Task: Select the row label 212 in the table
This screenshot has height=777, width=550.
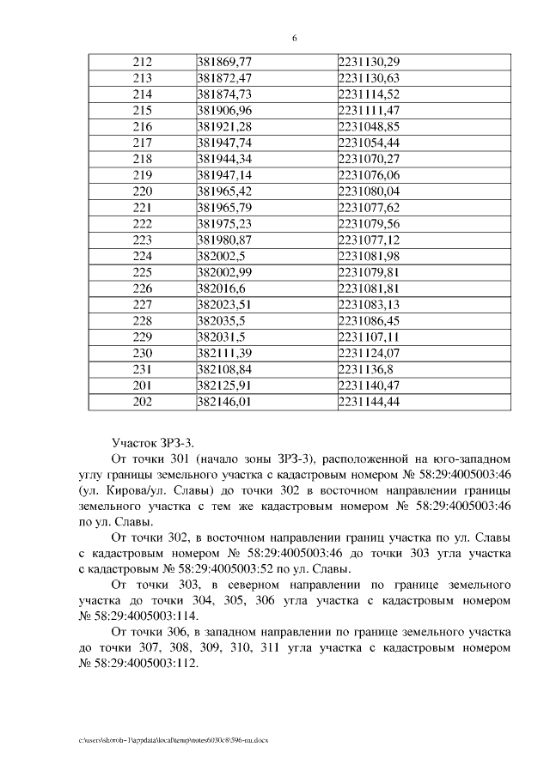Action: coord(143,63)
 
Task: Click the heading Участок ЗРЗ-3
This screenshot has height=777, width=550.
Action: coord(154,442)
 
